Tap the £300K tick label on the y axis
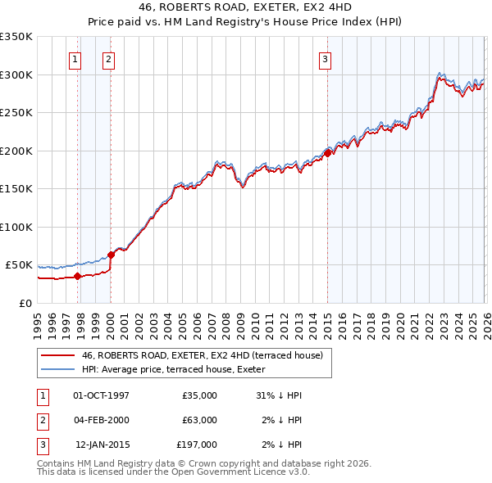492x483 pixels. pyautogui.click(x=16, y=74)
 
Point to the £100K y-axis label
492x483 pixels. pyautogui.click(x=16, y=227)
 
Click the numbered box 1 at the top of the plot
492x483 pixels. pyautogui.click(x=75, y=59)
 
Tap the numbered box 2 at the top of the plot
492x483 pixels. pyautogui.click(x=108, y=59)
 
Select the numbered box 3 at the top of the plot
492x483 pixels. pyautogui.click(x=325, y=59)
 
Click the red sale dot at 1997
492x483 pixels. pyautogui.click(x=78, y=276)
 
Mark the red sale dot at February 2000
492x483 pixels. pyautogui.click(x=111, y=255)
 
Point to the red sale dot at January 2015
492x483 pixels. pyautogui.click(x=327, y=153)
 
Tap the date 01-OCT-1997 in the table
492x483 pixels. pyautogui.click(x=101, y=395)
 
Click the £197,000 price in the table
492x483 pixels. pyautogui.click(x=197, y=445)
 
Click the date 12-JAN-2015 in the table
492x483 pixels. pyautogui.click(x=102, y=445)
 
